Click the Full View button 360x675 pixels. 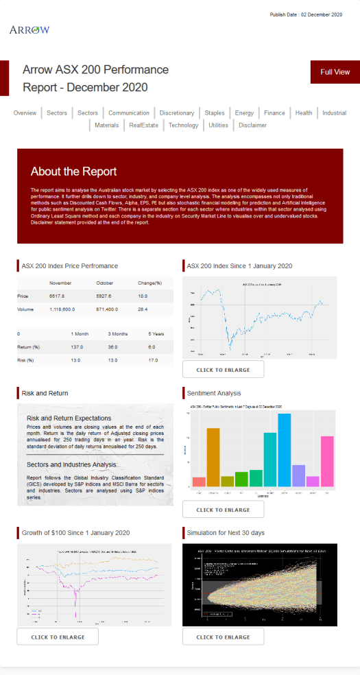coord(335,72)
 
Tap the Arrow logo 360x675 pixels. coord(29,29)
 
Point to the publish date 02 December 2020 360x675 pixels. coord(306,14)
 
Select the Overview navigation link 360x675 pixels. coord(25,113)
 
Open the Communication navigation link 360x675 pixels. coord(128,113)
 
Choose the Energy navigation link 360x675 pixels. coord(244,113)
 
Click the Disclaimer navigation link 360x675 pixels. coord(252,126)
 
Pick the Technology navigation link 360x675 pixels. coord(183,126)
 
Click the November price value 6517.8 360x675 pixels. coord(57,296)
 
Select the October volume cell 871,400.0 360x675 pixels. coord(109,310)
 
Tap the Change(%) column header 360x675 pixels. coord(149,282)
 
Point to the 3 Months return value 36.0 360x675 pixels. coord(113,346)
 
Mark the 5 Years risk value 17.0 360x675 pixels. coord(153,360)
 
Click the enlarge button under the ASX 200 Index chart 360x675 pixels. coord(223,370)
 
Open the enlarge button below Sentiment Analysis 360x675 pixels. coord(223,510)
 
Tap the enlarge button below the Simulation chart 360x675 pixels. coord(223,637)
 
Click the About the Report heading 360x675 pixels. coord(74,171)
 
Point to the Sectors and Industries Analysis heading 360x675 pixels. coord(72,464)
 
